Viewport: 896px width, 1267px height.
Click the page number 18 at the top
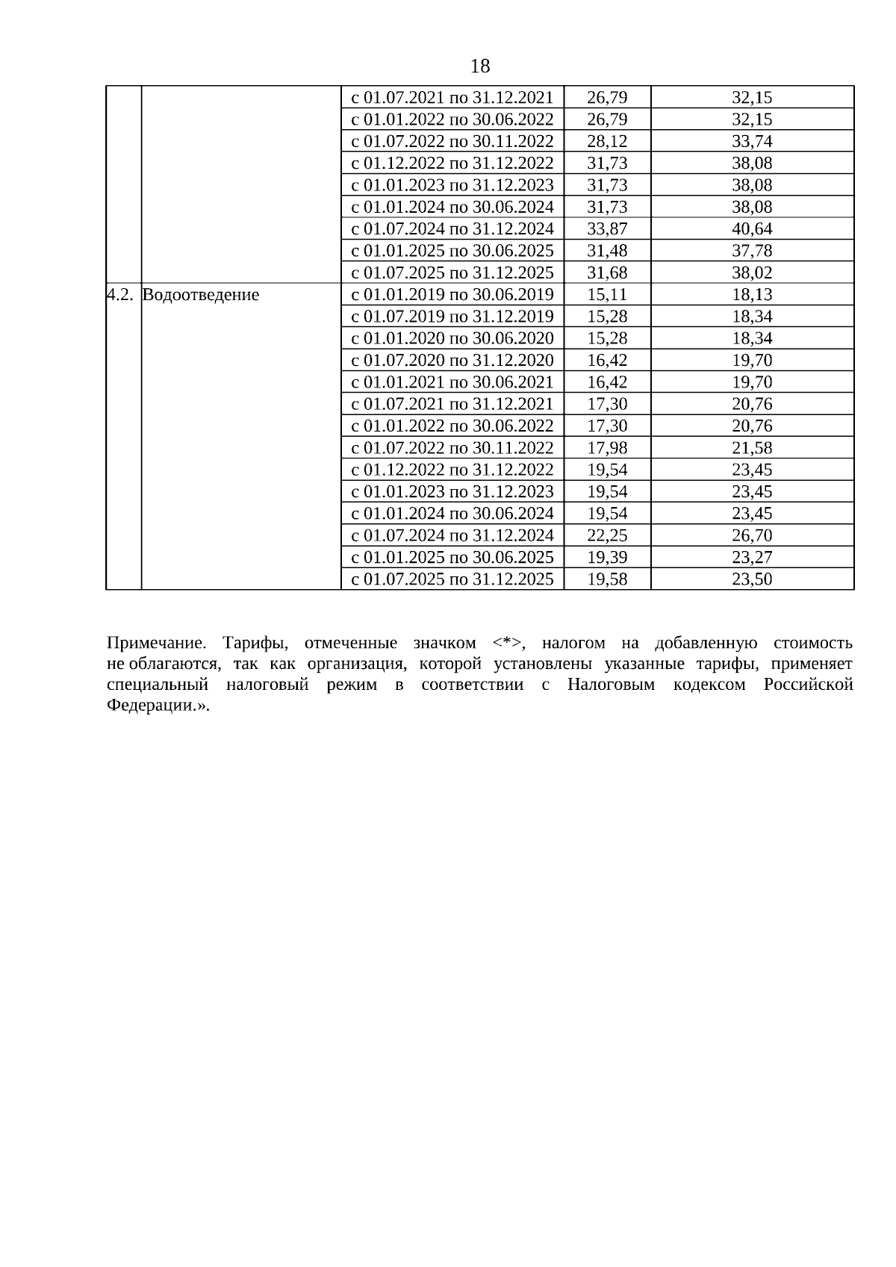[x=480, y=66]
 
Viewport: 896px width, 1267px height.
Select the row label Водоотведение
[x=200, y=295]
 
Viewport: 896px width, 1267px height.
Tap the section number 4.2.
[x=119, y=295]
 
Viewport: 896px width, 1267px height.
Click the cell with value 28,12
[x=607, y=142]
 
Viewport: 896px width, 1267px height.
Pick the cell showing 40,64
[x=752, y=229]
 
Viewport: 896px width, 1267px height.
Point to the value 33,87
[x=607, y=229]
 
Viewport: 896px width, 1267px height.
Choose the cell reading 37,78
[x=752, y=251]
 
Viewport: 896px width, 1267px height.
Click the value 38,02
[x=752, y=273]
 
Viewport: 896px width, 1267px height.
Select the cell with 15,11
[x=607, y=295]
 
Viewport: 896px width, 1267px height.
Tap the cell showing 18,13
[x=752, y=295]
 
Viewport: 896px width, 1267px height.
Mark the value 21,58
[x=752, y=448]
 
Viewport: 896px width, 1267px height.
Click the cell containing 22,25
[x=607, y=535]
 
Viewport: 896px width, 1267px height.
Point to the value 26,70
[x=752, y=535]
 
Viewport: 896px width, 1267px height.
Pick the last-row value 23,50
[x=752, y=579]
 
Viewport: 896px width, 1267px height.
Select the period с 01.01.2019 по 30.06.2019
[x=452, y=295]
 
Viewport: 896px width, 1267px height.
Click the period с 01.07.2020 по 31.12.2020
[x=452, y=361]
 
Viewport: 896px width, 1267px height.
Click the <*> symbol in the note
[x=508, y=644]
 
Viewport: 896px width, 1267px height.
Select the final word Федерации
[x=153, y=706]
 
